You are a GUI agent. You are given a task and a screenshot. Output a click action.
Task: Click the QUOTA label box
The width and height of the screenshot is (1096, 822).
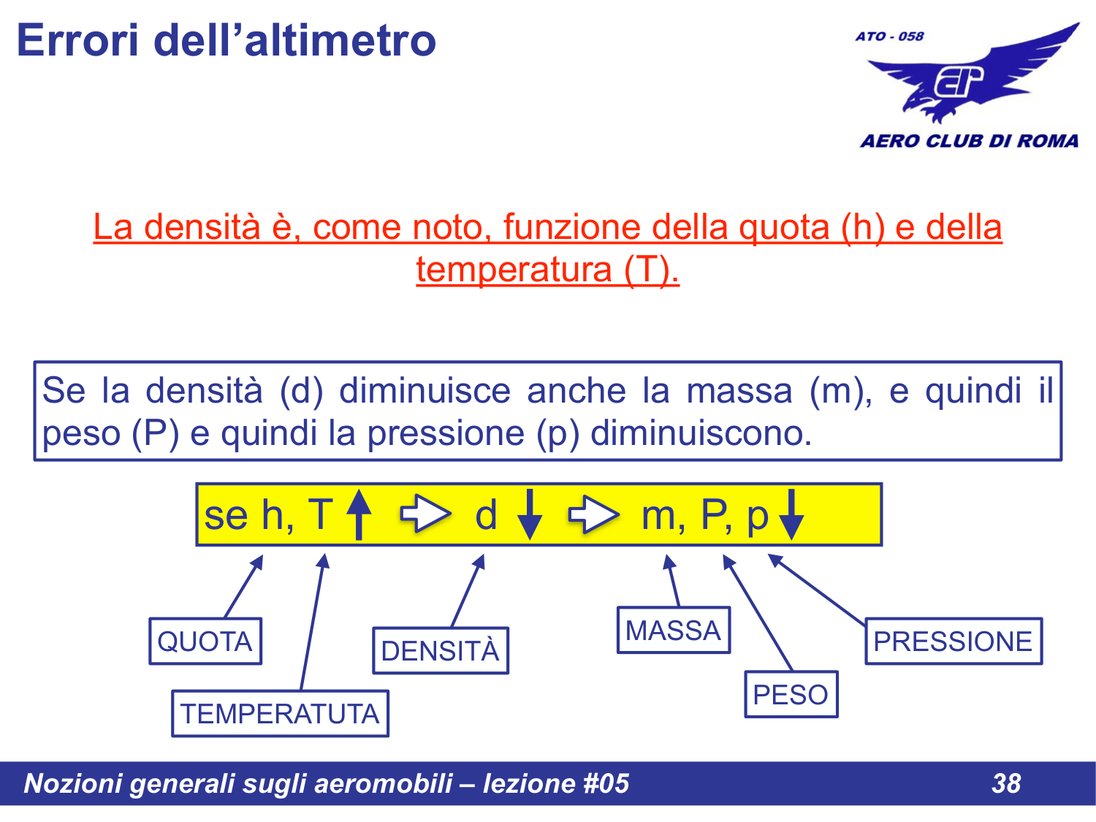tap(205, 642)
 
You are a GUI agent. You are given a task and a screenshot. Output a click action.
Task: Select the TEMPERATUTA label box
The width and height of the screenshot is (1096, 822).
tap(280, 714)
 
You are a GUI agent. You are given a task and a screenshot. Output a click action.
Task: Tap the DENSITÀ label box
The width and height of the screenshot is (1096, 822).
tap(440, 650)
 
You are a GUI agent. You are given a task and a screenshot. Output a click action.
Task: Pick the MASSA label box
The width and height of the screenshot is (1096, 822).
tap(673, 630)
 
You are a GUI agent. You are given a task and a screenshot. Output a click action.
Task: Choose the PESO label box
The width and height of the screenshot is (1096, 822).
tap(791, 694)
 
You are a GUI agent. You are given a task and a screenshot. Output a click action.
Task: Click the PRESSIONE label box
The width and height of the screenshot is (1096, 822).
tap(953, 642)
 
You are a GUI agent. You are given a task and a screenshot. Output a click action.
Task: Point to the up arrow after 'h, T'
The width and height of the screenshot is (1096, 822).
tap(358, 514)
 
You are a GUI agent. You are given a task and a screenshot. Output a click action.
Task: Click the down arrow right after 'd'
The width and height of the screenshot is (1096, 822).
tap(530, 515)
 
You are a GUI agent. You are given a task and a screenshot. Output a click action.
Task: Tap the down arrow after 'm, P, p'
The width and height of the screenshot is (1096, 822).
tap(791, 515)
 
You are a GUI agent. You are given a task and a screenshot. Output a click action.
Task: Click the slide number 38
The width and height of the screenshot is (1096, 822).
tap(1006, 783)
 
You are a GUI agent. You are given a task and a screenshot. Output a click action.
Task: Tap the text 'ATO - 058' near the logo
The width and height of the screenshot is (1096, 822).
tap(889, 37)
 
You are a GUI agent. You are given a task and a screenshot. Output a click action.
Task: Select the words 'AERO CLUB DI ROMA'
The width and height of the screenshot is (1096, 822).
tap(969, 141)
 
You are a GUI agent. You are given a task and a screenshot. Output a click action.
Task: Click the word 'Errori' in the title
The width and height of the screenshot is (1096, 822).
tap(77, 40)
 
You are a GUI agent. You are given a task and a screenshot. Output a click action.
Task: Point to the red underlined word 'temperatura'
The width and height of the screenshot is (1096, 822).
tap(514, 270)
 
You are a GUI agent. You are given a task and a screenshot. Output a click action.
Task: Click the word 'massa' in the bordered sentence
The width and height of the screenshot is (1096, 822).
tap(739, 391)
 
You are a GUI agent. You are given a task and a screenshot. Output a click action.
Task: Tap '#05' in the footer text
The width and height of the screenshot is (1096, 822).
tap(606, 783)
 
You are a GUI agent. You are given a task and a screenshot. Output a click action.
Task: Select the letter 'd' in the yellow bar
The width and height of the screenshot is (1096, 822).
tap(486, 515)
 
